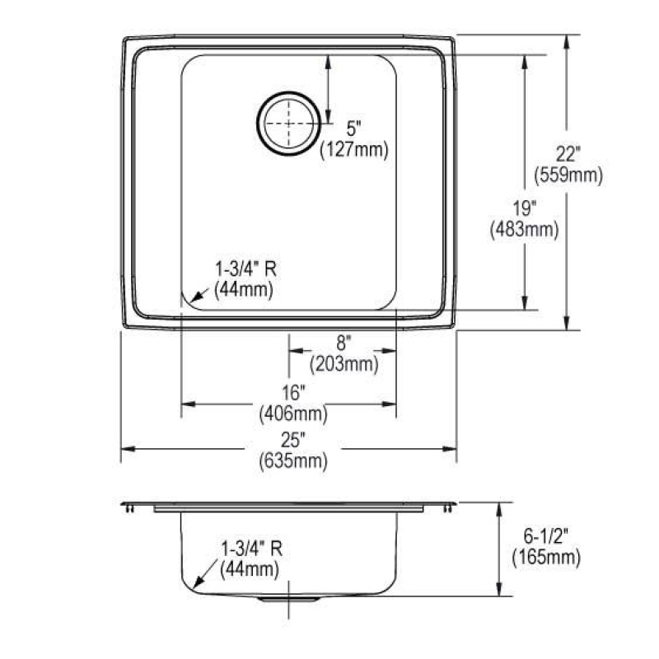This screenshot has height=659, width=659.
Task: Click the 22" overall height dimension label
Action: [x=568, y=154]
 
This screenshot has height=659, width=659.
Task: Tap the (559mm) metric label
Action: [x=568, y=175]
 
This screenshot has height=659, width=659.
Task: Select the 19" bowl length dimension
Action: [x=525, y=209]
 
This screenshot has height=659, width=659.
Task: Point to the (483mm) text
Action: [x=525, y=230]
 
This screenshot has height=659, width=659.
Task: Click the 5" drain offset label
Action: [x=353, y=129]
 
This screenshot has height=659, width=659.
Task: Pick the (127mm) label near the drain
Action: [x=354, y=150]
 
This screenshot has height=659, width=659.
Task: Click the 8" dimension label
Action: [x=344, y=343]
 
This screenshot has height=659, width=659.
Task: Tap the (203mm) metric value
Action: [x=344, y=364]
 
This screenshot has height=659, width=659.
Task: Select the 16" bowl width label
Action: [x=293, y=393]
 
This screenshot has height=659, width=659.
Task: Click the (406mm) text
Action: [x=293, y=414]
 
